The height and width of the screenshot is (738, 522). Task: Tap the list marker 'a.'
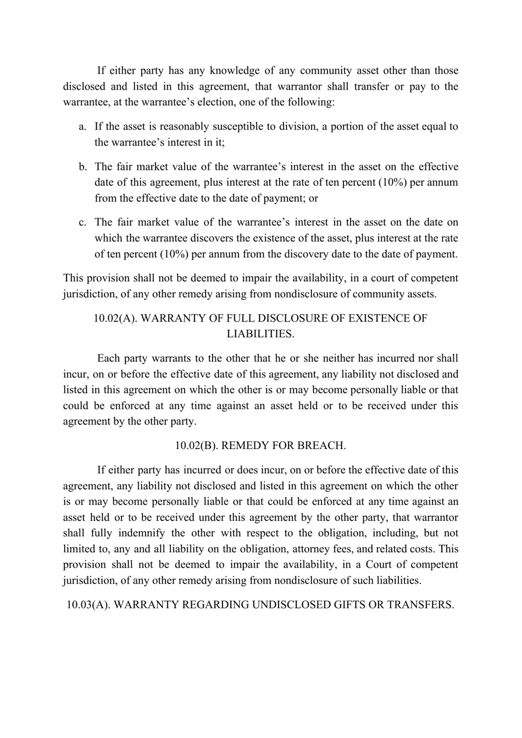(82, 126)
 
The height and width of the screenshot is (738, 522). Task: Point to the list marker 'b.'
(82, 167)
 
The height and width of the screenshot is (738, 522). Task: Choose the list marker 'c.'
(82, 222)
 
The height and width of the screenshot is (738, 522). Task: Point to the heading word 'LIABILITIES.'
(260, 334)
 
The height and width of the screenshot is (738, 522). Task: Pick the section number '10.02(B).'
(196, 446)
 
